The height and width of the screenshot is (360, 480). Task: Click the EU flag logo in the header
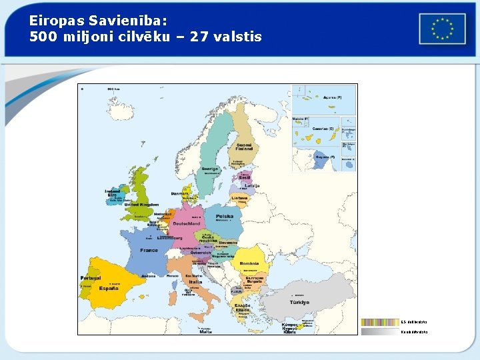[x=442, y=29]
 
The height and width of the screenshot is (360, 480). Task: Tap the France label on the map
[x=149, y=250]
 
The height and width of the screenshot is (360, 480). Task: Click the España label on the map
[x=110, y=288]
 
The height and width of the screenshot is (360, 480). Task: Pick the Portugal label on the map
[x=90, y=277]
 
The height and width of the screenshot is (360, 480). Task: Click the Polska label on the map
[x=224, y=217]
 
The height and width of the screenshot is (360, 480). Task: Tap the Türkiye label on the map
[x=299, y=302]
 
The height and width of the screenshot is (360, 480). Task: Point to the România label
[x=249, y=263]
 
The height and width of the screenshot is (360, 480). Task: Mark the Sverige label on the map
[x=211, y=169]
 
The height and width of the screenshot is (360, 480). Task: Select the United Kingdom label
[x=145, y=205]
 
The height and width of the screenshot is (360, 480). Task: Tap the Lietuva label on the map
[x=240, y=198]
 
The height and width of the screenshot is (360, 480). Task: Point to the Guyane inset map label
[x=327, y=157]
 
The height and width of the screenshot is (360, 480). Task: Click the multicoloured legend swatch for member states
[x=379, y=322]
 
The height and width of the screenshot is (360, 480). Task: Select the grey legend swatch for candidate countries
[x=379, y=331]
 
